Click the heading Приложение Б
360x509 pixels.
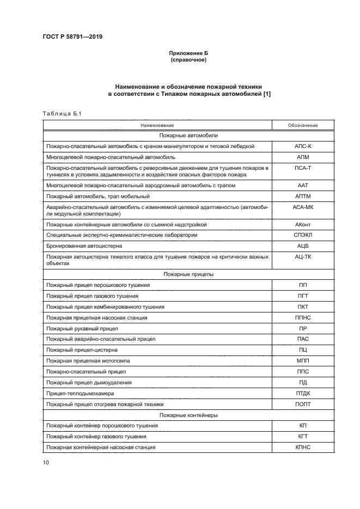click(189, 53)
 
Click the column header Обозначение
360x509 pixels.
click(303, 125)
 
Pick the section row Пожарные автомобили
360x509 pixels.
click(189, 136)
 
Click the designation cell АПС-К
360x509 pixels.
click(303, 146)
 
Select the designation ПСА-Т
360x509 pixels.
click(303, 168)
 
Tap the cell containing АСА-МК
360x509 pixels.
click(303, 207)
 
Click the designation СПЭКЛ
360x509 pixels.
click(303, 235)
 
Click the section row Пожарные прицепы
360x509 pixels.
click(189, 274)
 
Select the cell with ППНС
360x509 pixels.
click(303, 317)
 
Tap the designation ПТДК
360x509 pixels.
click(303, 392)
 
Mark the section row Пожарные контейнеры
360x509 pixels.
click(189, 415)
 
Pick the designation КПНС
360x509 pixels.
click(303, 447)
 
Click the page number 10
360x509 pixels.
click(45, 462)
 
